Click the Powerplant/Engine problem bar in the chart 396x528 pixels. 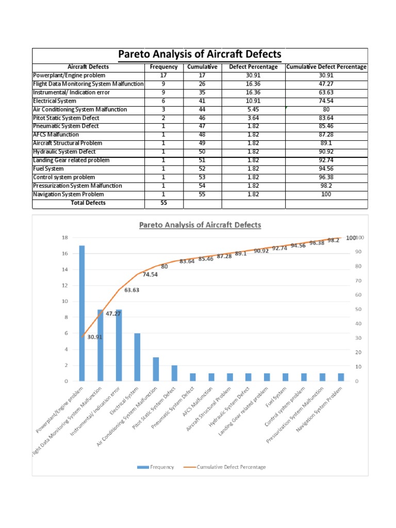(82, 313)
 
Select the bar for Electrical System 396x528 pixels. (137, 357)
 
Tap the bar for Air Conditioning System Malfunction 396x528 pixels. (156, 369)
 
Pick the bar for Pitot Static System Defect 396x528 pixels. (174, 373)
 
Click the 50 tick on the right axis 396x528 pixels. (357, 309)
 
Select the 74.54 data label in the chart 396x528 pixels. (150, 274)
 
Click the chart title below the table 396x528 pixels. (200, 225)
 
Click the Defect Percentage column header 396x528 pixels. (253, 67)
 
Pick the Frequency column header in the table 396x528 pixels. (163, 67)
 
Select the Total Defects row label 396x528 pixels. (88, 203)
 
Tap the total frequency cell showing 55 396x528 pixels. (163, 203)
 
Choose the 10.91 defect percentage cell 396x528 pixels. (253, 101)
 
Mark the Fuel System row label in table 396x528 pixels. (48, 169)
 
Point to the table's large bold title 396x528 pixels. (200, 54)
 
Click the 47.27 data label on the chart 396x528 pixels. (113, 313)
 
